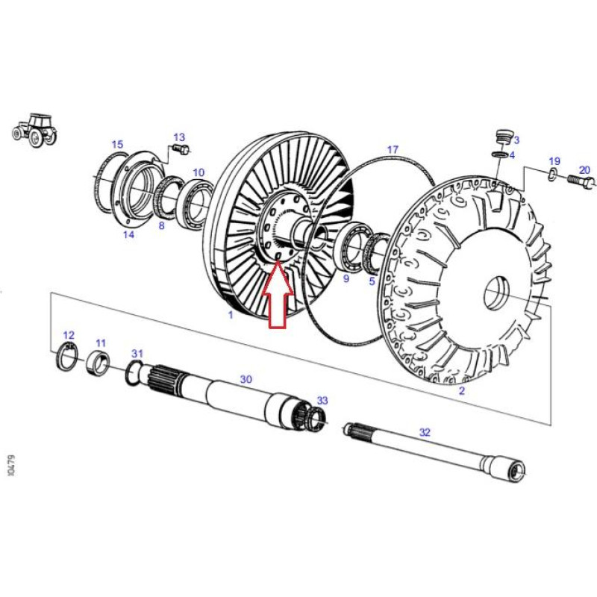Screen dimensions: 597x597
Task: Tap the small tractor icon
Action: [x=35, y=130]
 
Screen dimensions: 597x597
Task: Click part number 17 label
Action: [x=393, y=149]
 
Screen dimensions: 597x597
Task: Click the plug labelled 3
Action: [x=503, y=137]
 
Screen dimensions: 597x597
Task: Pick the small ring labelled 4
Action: [x=498, y=154]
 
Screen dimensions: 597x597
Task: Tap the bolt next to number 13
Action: [x=181, y=149]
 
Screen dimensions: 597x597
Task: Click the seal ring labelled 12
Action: [x=67, y=356]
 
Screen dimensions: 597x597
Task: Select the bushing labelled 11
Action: [x=98, y=363]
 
